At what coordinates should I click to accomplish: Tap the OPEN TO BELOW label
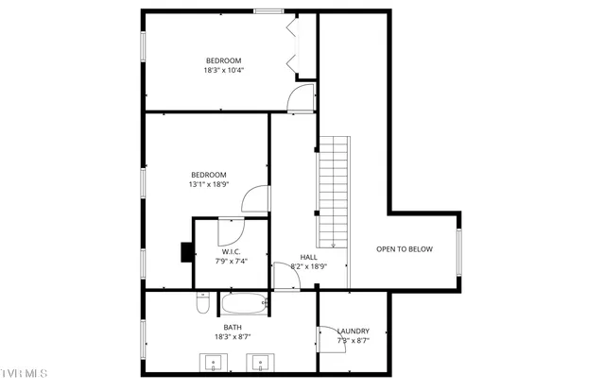point(404,249)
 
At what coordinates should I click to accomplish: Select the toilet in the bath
point(202,303)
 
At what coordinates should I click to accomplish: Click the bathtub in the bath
point(246,305)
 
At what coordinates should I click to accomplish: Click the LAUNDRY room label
point(353,331)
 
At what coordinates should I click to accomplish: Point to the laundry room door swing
point(331,337)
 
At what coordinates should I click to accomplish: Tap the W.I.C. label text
point(232,251)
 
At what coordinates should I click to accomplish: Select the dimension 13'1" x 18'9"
point(208,185)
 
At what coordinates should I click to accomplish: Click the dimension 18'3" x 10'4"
point(224,70)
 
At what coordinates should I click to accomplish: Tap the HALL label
point(309,257)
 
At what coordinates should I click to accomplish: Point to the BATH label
point(233,327)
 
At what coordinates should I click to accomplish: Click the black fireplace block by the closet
point(187,252)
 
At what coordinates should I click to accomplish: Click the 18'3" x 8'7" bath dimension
point(233,336)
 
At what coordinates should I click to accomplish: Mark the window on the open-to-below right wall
point(459,249)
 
